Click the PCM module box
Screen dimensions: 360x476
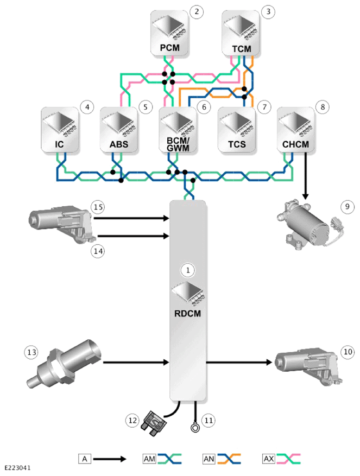coord(169,33)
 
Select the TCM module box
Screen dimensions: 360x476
coord(241,33)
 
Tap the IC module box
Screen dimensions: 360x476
coord(60,130)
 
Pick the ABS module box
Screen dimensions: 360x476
coord(119,130)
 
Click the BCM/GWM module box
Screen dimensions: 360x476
coord(178,130)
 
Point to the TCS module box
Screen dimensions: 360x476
coord(237,130)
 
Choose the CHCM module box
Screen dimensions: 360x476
coord(295,130)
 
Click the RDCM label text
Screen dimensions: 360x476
coord(187,313)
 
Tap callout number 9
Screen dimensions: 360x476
coord(348,207)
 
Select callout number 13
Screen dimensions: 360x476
coord(31,352)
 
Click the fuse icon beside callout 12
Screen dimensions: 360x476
coord(154,423)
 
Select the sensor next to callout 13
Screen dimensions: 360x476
coord(64,363)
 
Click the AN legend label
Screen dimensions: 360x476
coord(209,459)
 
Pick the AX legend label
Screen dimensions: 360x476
coord(269,459)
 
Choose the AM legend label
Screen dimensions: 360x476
coord(149,459)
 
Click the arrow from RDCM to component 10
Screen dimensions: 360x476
coord(239,362)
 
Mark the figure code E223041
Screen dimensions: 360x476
coord(17,468)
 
